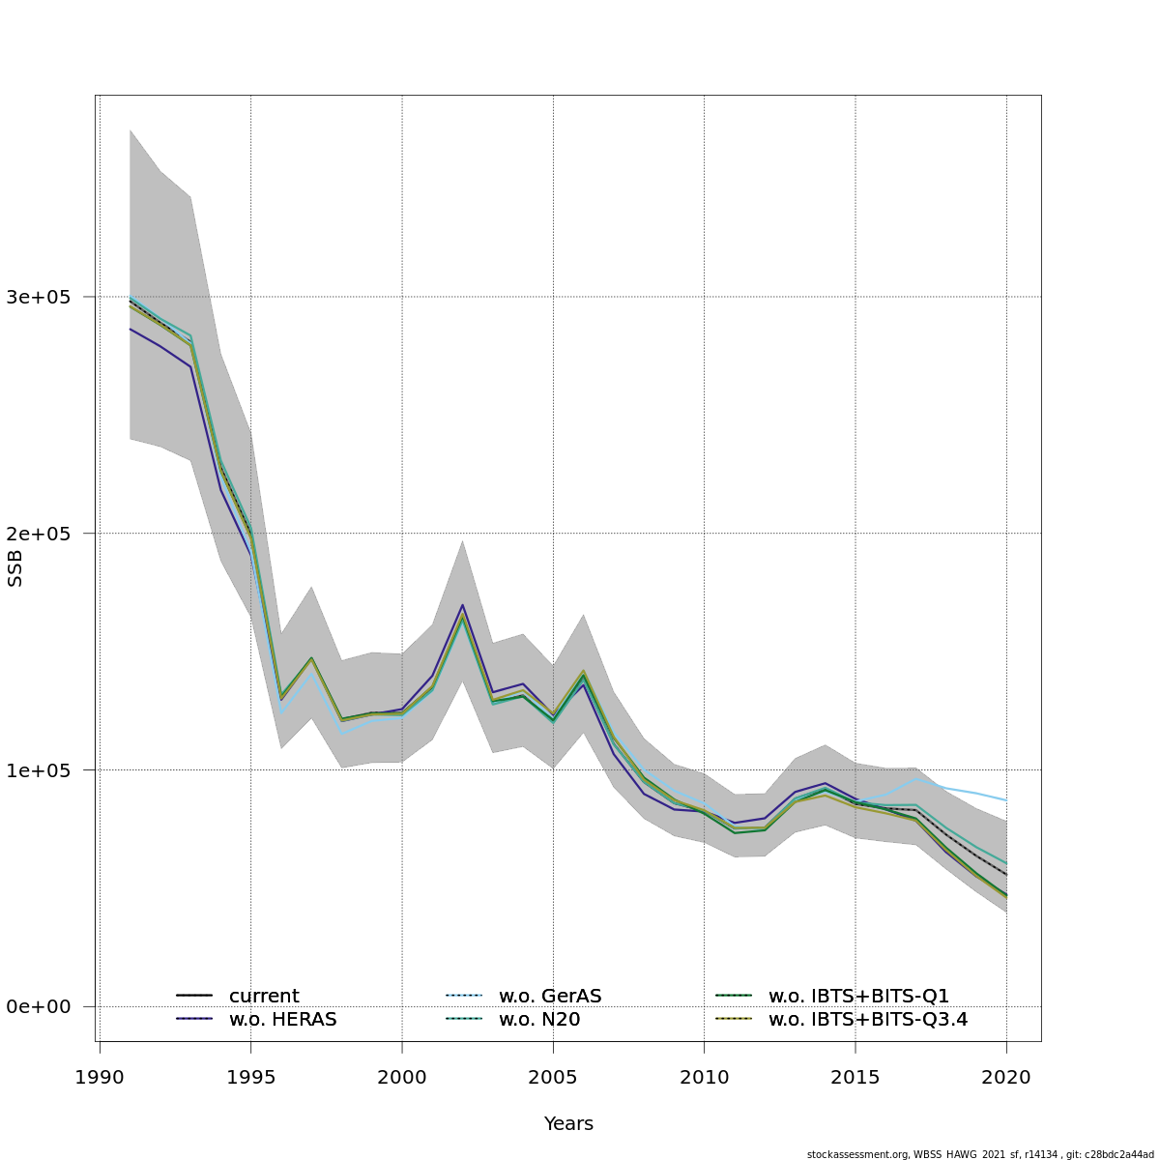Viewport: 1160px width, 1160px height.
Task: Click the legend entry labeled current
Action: point(264,996)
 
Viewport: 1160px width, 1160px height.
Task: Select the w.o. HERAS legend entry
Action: point(282,1019)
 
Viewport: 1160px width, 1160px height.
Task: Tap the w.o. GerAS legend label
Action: point(550,996)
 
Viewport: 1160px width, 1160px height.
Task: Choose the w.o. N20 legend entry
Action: point(539,1019)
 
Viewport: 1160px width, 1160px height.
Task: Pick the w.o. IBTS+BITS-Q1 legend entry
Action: point(858,996)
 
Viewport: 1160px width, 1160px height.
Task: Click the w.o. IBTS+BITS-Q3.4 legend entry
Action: point(868,1019)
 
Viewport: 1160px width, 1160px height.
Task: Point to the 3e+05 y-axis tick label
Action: point(39,297)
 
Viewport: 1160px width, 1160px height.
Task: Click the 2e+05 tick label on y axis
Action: point(39,534)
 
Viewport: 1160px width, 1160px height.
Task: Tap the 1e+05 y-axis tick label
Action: point(39,770)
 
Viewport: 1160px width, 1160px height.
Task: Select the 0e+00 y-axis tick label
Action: point(39,1007)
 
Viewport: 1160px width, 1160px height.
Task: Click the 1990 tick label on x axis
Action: point(100,1076)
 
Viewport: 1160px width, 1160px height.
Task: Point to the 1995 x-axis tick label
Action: point(250,1076)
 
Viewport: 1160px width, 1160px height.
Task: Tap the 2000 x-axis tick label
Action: point(402,1076)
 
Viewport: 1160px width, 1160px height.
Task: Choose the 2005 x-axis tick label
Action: point(553,1076)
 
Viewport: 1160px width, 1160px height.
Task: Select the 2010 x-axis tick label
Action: point(705,1076)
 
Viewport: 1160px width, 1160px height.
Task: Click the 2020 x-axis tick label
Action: point(1007,1076)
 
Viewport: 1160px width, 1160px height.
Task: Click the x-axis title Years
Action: point(568,1124)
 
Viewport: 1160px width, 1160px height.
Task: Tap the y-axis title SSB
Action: point(14,568)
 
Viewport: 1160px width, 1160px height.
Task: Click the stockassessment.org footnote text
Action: point(980,1154)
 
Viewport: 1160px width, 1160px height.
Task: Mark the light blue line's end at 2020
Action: point(1007,800)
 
